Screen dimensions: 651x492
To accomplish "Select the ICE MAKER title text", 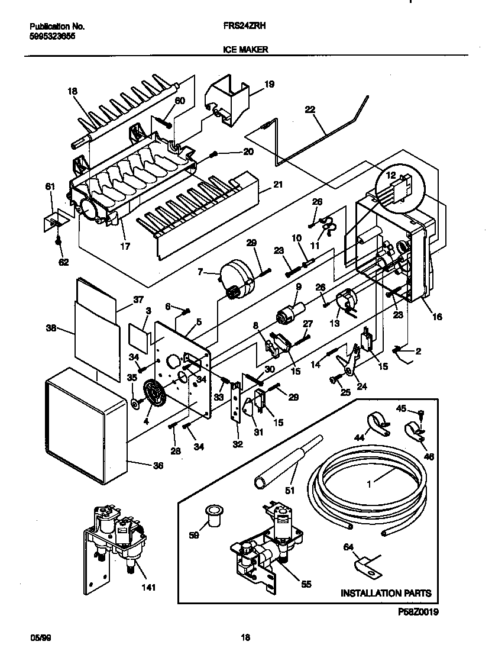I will click(x=245, y=50).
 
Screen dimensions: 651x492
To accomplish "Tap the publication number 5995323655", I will click(x=52, y=36).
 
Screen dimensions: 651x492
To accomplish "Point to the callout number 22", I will click(x=310, y=109).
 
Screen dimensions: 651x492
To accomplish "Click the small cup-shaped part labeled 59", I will click(x=214, y=517).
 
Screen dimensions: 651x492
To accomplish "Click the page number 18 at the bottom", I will click(x=245, y=637).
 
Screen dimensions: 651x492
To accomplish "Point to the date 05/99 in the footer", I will click(x=38, y=637).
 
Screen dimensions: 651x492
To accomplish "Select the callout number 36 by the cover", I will click(x=157, y=466).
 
